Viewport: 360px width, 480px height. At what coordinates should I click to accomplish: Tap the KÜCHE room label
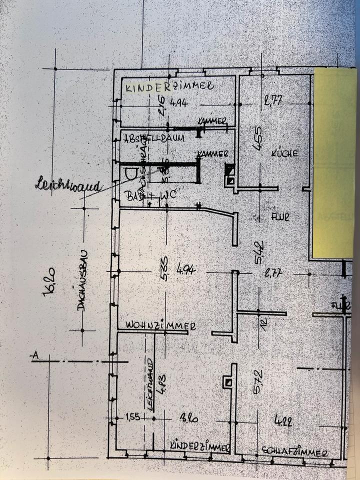[x=285, y=153]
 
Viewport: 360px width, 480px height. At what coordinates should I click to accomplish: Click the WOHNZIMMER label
[x=160, y=325]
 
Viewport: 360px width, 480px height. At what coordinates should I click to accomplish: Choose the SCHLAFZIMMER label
[x=294, y=452]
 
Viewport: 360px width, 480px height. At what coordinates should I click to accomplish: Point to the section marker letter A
[x=35, y=355]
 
